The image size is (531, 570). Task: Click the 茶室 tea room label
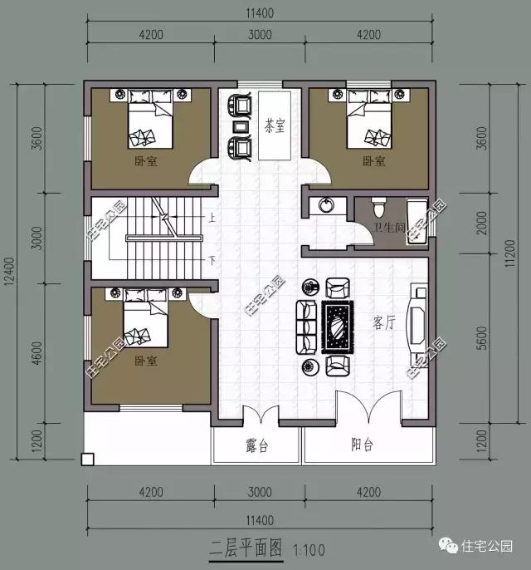(x=275, y=127)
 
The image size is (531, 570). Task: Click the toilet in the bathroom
(x=378, y=204)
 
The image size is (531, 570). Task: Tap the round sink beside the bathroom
(x=325, y=204)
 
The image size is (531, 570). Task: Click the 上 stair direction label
(x=212, y=219)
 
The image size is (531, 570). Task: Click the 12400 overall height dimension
(x=10, y=271)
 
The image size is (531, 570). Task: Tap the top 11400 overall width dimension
(x=260, y=14)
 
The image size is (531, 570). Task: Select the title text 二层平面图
(x=246, y=548)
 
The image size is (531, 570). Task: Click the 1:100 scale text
(x=309, y=549)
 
